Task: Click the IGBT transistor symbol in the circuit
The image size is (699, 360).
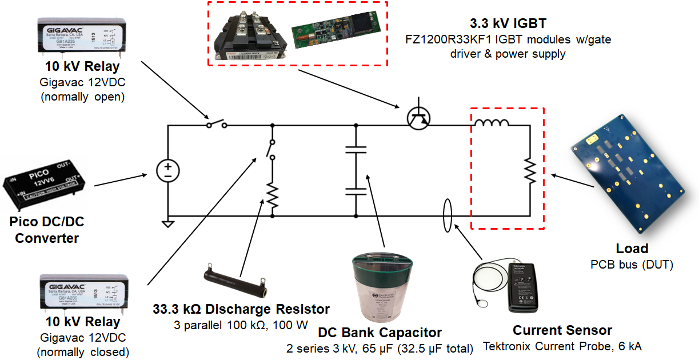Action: coord(420,117)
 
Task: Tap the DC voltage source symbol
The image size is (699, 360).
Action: coord(168,170)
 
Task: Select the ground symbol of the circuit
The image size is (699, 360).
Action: coord(168,223)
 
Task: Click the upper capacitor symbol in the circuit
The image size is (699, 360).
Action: coord(356,150)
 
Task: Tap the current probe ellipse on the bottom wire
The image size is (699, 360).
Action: coord(446,216)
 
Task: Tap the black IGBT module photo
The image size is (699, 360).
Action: coord(250,34)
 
